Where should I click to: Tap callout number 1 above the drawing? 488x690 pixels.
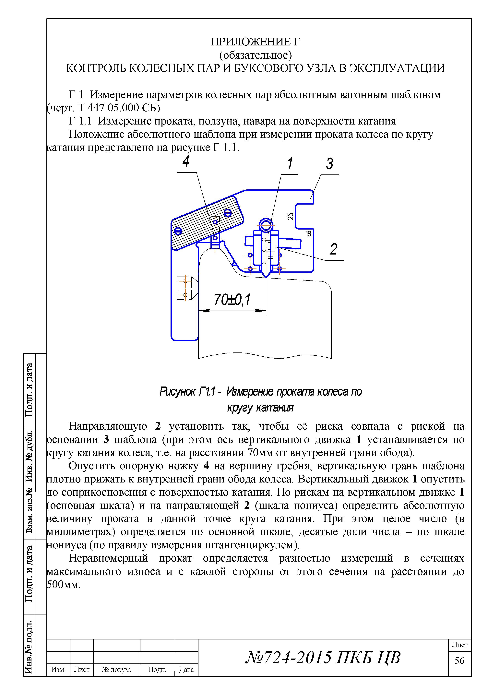coord(290,163)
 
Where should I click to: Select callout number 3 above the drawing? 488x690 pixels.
coord(330,164)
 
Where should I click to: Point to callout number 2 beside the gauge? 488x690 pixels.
coord(334,249)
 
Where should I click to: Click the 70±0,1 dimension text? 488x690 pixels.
coord(232,300)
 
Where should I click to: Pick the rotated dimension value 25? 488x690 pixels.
coord(291,216)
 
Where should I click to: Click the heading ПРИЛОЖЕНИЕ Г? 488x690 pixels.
coord(256,42)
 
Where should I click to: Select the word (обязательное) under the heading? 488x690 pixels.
coord(256,55)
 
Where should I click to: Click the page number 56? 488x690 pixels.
coord(459,660)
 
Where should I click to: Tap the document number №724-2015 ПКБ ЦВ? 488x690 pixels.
coord(323,657)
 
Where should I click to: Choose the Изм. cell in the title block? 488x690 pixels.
coord(58,670)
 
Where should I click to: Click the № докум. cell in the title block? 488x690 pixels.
coord(117,670)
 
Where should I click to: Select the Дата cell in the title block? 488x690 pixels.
coord(186,670)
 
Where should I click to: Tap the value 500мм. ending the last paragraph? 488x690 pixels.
coord(64,585)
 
